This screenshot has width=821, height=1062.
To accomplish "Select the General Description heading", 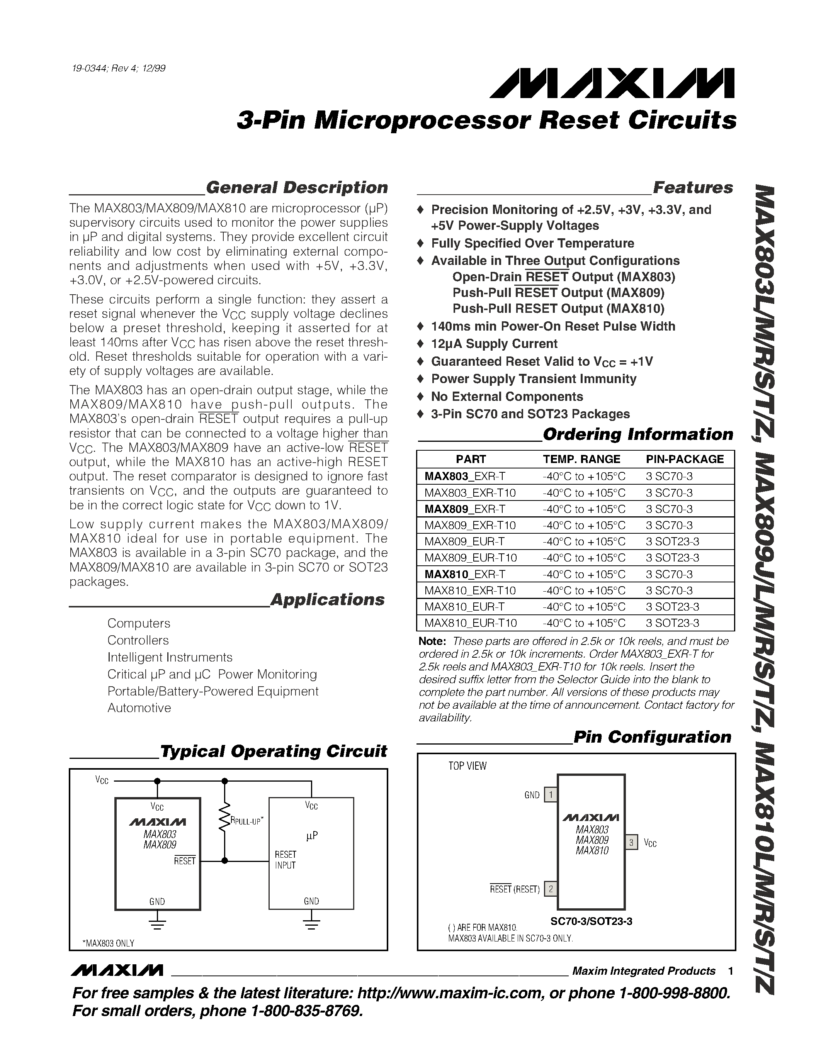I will coord(297,188).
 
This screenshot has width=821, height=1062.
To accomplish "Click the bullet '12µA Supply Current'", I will coord(494,344).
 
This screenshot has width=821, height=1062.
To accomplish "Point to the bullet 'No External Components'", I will coord(507,396).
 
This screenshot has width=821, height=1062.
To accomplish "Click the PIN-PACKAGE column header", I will coord(684,459).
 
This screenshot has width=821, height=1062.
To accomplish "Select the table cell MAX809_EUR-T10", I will coord(470,558).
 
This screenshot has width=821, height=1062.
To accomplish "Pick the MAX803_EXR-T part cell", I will coord(464,476).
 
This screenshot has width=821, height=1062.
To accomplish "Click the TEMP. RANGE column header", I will coord(581,459).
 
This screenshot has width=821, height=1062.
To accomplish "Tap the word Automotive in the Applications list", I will coord(139,708).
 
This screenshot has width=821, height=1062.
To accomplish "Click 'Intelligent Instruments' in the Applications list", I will coord(170,657).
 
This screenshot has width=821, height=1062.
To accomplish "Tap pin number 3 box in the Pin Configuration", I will coord(631,842).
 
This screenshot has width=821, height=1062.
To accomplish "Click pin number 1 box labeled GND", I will coord(550,794).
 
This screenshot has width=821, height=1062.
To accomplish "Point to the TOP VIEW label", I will coord(467,766).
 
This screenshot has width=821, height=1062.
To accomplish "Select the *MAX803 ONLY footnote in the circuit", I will coord(108,943).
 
